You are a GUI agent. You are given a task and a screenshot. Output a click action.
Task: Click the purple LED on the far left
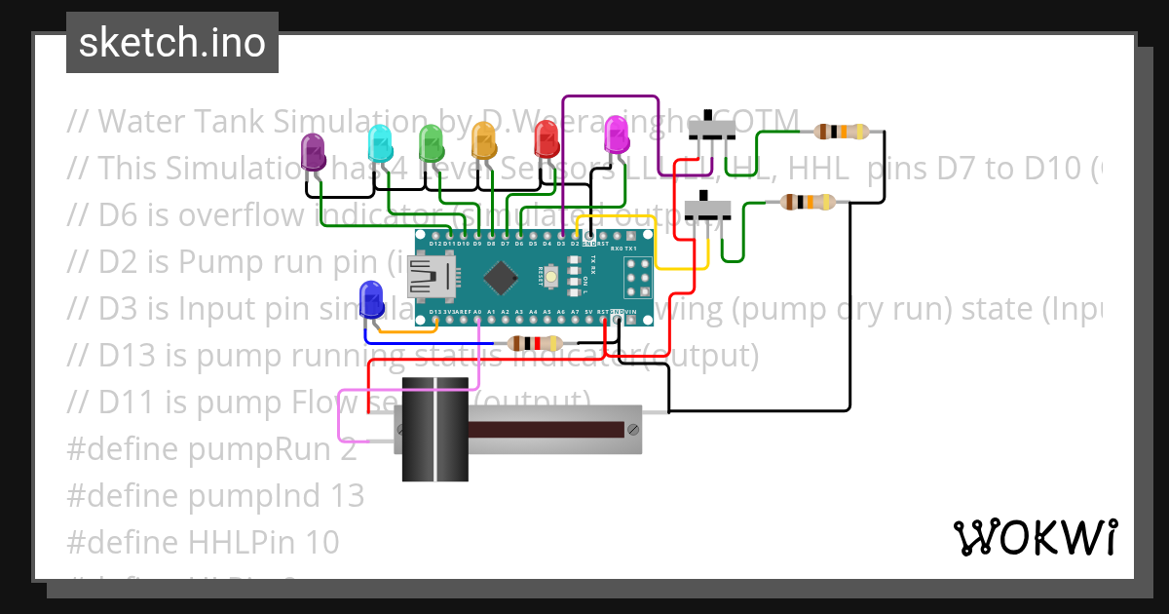point(313,152)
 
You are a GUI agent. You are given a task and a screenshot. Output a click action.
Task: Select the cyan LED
point(379,144)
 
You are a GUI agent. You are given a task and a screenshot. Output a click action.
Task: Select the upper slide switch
point(712,129)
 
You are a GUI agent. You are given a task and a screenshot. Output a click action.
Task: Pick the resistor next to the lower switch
point(809,203)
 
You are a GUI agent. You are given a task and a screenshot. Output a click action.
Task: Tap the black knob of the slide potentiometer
point(434,429)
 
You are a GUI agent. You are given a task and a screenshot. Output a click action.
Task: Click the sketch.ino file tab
point(172,43)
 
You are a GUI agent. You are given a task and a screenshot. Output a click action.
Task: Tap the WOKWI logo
point(1035,538)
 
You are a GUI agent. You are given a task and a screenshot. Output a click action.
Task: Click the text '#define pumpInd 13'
point(215,495)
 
